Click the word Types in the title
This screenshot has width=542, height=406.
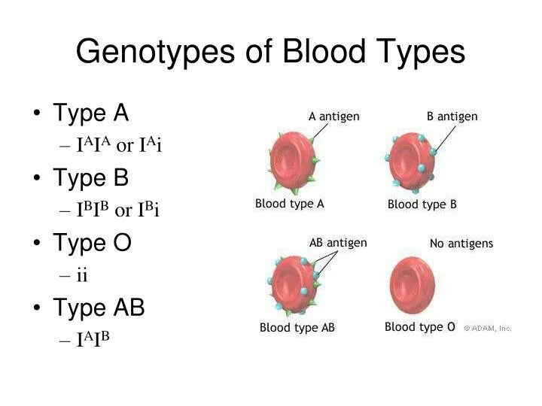(x=419, y=53)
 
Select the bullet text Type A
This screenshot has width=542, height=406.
(x=91, y=114)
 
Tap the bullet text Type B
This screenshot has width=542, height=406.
(x=91, y=178)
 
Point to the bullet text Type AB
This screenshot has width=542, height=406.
(x=99, y=308)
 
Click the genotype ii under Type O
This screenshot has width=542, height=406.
(x=82, y=275)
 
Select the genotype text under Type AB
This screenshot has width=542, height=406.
(x=93, y=339)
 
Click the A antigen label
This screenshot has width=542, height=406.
(x=334, y=117)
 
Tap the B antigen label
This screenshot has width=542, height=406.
(x=452, y=117)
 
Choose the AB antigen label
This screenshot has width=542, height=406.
(x=338, y=243)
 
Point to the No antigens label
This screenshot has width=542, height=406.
(x=461, y=244)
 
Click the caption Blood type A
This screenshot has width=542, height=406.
(x=290, y=203)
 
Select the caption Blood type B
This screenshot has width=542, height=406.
(x=422, y=204)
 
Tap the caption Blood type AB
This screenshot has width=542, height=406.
(x=297, y=328)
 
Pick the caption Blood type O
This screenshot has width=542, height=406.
(x=420, y=327)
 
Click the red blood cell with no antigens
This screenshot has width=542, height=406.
(x=412, y=286)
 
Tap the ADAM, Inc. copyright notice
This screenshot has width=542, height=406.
(x=488, y=328)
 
